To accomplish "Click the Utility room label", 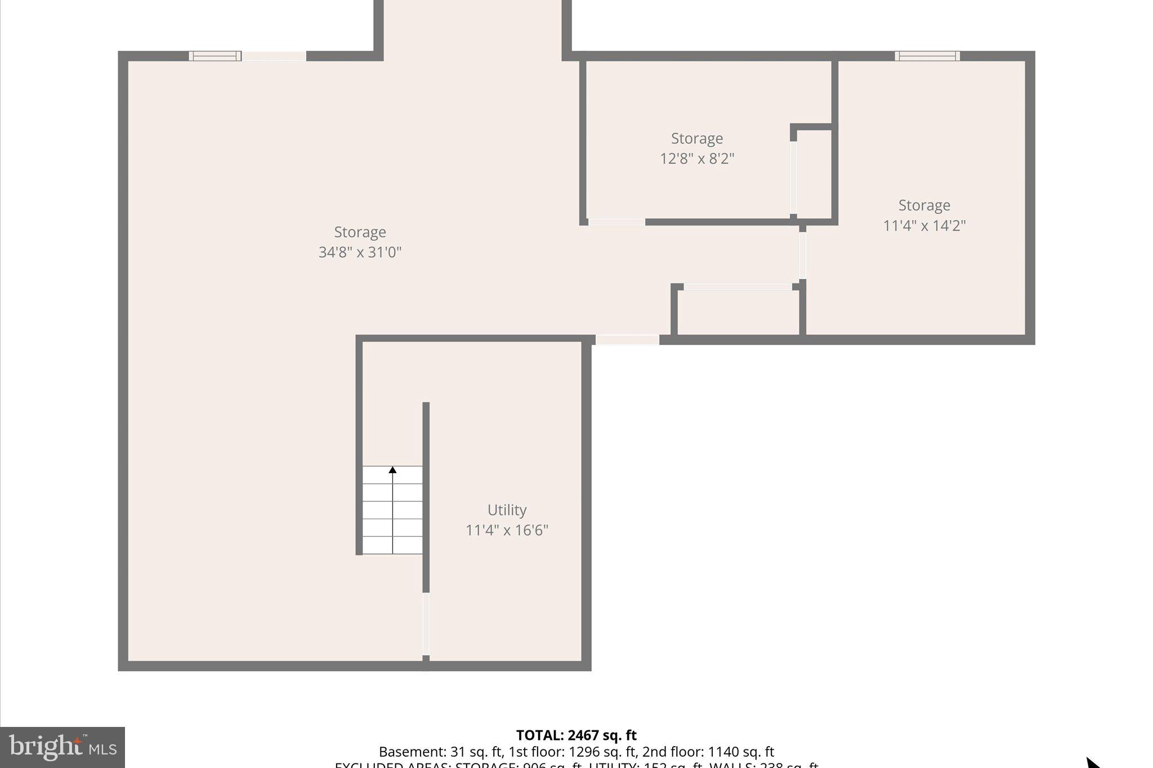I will coord(507,510).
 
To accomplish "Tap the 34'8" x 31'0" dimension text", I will coord(360,252).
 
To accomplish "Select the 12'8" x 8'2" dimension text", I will coord(697,159).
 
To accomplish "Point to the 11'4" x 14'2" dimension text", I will coord(924,226).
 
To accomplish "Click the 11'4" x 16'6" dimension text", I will coord(507,530).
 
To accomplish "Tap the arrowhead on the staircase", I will coord(392,470).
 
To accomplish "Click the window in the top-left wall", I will coord(214,56).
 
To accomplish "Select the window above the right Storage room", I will coord(927,56).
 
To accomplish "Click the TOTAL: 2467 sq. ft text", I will coord(576,735).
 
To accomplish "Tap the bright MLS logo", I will coord(62,747).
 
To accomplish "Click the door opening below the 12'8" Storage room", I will coord(616,222).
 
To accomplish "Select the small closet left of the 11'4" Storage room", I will coord(738,312).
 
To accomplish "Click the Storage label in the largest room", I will coord(360,232).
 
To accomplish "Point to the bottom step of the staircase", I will coord(392,545).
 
